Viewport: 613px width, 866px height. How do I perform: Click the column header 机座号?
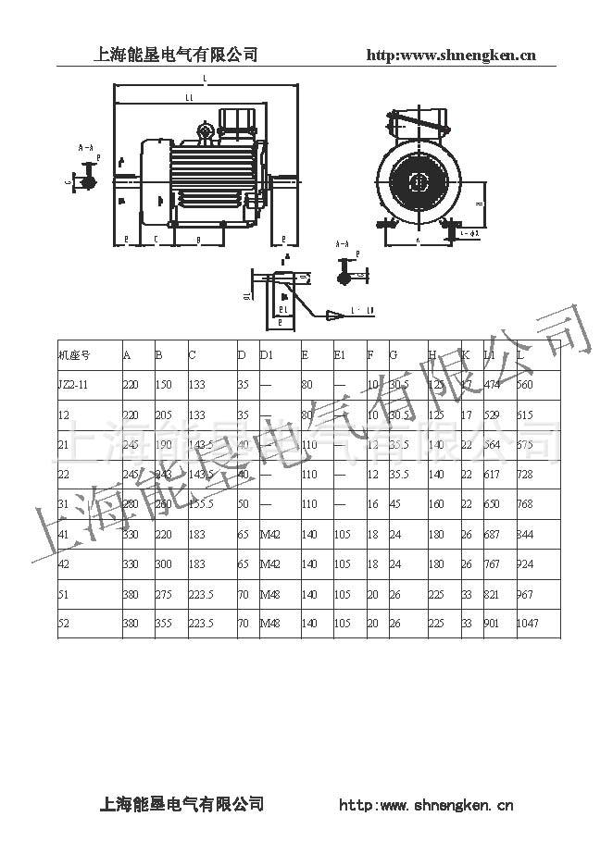tap(73, 354)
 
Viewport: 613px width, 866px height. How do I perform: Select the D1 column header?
tap(267, 354)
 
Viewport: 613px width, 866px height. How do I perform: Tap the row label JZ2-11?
tap(73, 384)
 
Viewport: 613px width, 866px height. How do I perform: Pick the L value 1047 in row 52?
tap(528, 623)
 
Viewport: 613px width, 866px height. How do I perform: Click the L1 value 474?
tap(493, 384)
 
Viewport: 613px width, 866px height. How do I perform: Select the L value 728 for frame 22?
tap(525, 474)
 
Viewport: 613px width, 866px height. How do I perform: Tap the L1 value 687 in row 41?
tap(493, 534)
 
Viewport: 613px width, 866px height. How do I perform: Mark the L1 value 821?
tap(493, 593)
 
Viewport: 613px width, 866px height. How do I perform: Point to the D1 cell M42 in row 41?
tap(269, 534)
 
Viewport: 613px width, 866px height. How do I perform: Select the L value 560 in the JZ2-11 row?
tap(525, 384)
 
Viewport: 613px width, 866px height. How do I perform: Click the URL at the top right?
tap(452, 55)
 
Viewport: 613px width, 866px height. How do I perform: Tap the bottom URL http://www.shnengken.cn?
tap(427, 805)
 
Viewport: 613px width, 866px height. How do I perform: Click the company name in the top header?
tap(176, 55)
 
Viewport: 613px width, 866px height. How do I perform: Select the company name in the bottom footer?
tap(181, 804)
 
